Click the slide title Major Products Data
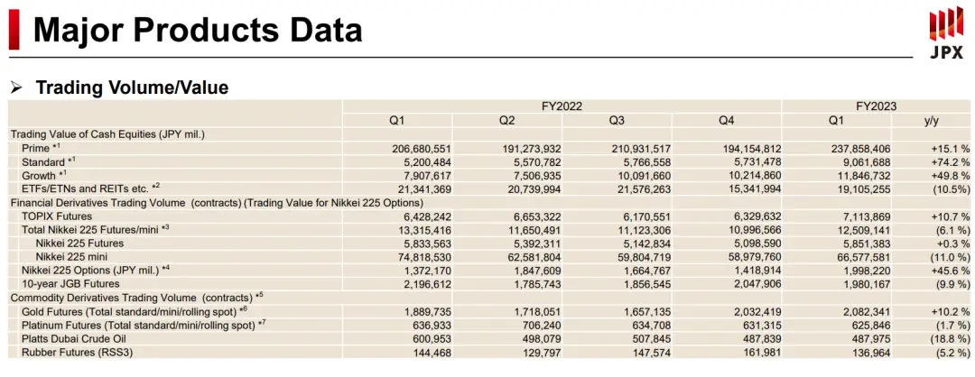pos(198,30)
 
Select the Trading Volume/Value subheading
pos(132,87)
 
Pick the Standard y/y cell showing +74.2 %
pos(944,161)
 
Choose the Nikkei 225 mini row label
pos(78,257)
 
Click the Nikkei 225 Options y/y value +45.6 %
pos(944,271)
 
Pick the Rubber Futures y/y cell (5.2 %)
pos(947,353)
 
